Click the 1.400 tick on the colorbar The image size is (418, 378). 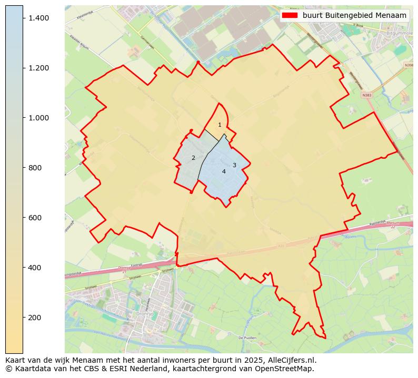coord(38,18)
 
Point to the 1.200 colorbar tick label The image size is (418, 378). coord(38,68)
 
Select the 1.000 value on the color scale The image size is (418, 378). coord(38,118)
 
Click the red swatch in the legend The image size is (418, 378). coord(290,15)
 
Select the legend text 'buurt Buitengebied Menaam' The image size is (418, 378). coord(354,15)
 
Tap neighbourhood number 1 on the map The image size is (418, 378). coord(220,125)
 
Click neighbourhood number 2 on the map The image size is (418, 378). coord(193,158)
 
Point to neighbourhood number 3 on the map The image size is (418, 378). coord(234,165)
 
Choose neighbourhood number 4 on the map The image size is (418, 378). coord(224,171)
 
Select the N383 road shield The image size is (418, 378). coord(367,96)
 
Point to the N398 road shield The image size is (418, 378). coord(409,65)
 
